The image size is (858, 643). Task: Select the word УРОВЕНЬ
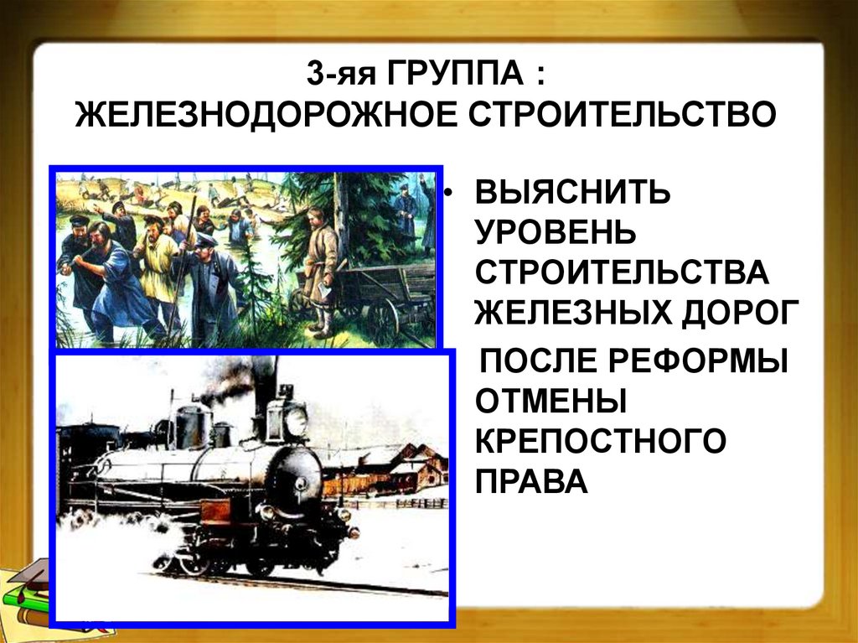click(556, 233)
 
